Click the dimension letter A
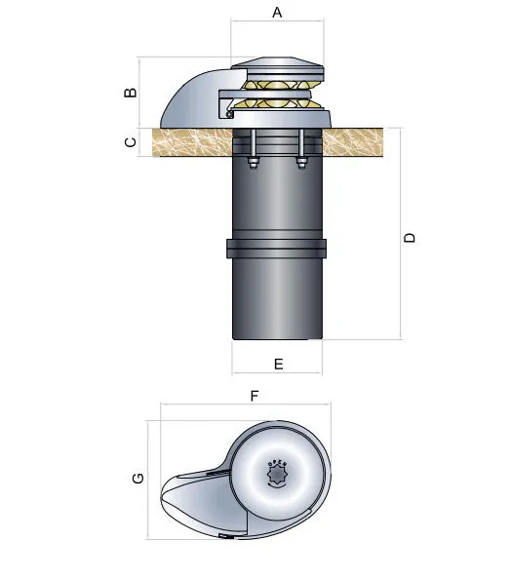pyautogui.click(x=277, y=13)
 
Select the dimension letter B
pyautogui.click(x=131, y=93)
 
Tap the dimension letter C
pyautogui.click(x=131, y=142)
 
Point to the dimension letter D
pyautogui.click(x=410, y=238)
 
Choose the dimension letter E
pyautogui.click(x=279, y=365)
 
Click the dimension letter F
pyautogui.click(x=255, y=396)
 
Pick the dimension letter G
pyautogui.click(x=138, y=479)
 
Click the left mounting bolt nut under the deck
pyautogui.click(x=253, y=163)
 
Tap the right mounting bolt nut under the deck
pyautogui.click(x=301, y=163)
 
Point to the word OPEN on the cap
pyautogui.click(x=277, y=463)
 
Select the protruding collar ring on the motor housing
pyautogui.click(x=276, y=249)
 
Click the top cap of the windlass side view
pyautogui.click(x=277, y=67)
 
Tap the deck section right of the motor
pyautogui.click(x=352, y=142)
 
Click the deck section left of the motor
pyautogui.click(x=192, y=142)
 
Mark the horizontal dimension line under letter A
pyautogui.click(x=277, y=20)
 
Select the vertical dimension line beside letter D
pyautogui.click(x=401, y=233)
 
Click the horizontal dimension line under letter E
pyautogui.click(x=277, y=372)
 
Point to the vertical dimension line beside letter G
pyautogui.click(x=148, y=480)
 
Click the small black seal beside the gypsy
pyautogui.click(x=229, y=114)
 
